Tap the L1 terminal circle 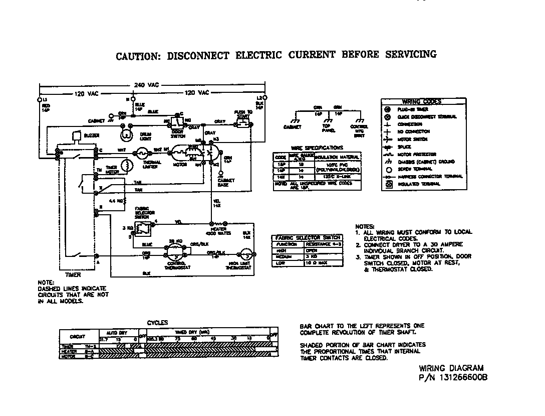[40, 100]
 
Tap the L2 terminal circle [265, 99]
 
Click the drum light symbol [127, 135]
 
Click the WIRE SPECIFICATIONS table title [317, 148]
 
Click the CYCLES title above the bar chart [157, 323]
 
